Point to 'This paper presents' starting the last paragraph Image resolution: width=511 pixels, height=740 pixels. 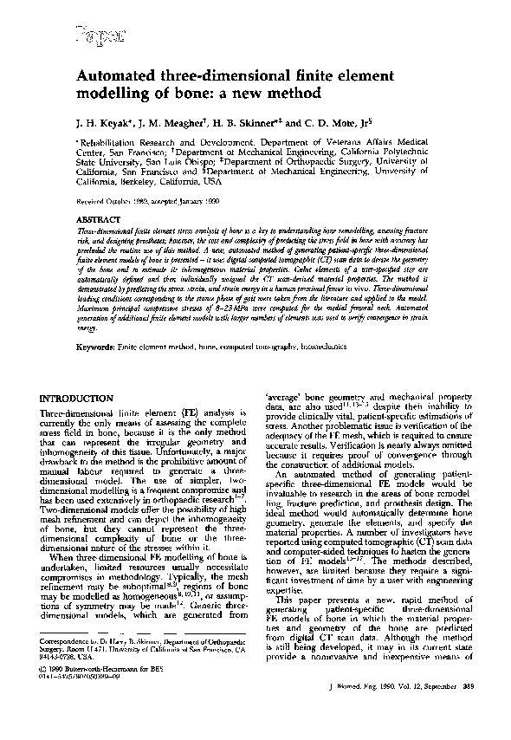[x=310, y=600]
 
